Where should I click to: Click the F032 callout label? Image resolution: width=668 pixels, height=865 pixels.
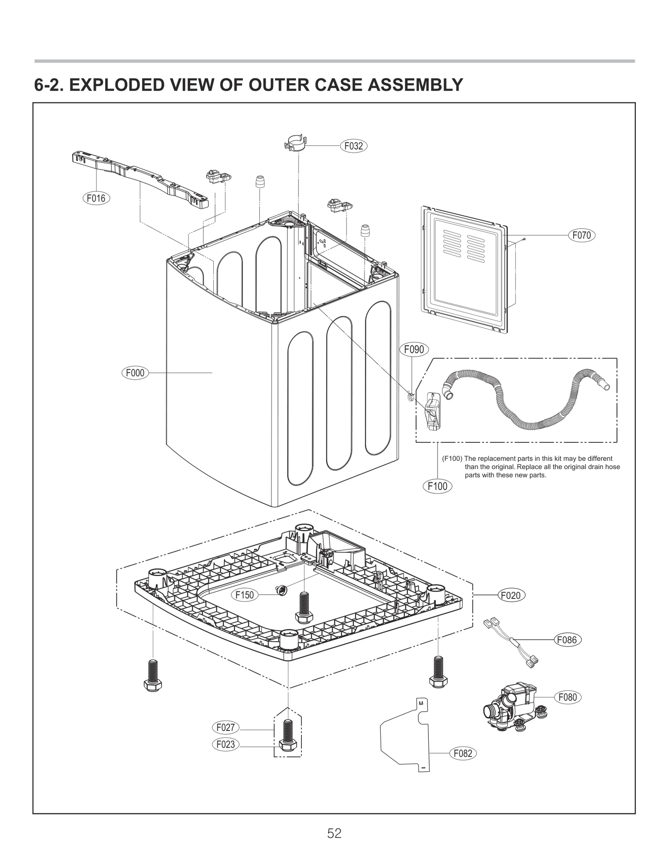click(x=354, y=146)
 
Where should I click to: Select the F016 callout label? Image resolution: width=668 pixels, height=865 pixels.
click(x=96, y=198)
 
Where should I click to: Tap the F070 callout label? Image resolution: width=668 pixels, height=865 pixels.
click(x=581, y=236)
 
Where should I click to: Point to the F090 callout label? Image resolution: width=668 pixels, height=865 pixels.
click(x=414, y=349)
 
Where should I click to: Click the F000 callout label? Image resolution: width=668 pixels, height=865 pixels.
click(x=135, y=373)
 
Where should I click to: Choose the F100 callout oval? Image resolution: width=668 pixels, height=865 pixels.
click(x=437, y=486)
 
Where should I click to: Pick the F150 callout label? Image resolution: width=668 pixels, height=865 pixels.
click(x=245, y=595)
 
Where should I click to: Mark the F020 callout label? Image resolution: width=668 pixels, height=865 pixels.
click(x=511, y=595)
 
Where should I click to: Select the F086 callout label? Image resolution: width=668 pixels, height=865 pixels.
click(x=567, y=639)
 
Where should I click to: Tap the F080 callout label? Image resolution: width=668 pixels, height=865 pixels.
click(x=567, y=697)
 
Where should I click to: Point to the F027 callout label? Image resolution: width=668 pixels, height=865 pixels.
click(x=225, y=728)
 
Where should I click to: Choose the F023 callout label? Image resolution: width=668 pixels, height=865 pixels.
click(x=225, y=744)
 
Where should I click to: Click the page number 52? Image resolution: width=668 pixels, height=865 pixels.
click(x=334, y=833)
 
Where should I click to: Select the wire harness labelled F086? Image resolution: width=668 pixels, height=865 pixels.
click(x=511, y=644)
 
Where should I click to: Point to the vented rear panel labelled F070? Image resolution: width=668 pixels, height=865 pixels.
click(x=465, y=269)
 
